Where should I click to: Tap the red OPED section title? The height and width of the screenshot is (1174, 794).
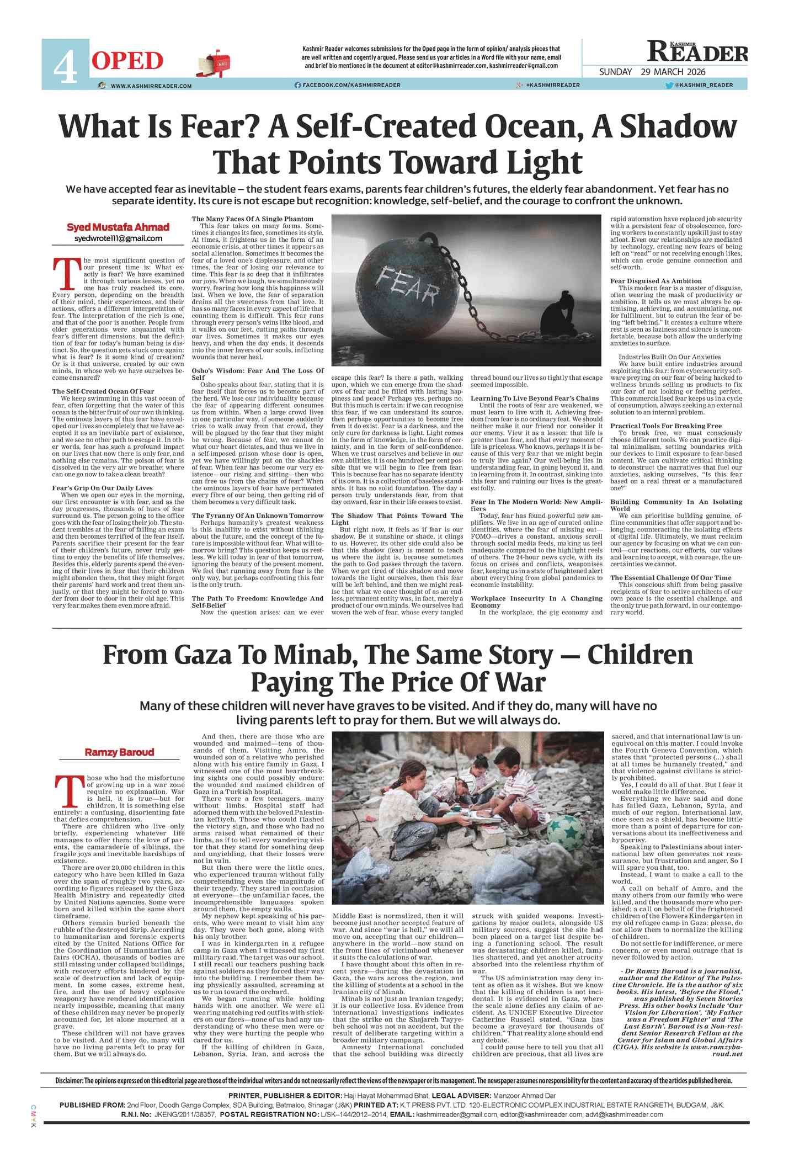[127, 61]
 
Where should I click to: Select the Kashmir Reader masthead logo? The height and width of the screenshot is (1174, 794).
[697, 52]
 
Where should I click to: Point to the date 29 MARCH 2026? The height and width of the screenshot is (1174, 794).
[673, 72]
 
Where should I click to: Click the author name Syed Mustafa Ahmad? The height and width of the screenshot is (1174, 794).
[118, 227]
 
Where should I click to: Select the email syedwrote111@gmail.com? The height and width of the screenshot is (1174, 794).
[118, 238]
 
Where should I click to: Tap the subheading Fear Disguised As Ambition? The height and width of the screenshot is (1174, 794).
[656, 281]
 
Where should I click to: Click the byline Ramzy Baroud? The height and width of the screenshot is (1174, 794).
[119, 752]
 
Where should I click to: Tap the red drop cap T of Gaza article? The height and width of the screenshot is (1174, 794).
[69, 791]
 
